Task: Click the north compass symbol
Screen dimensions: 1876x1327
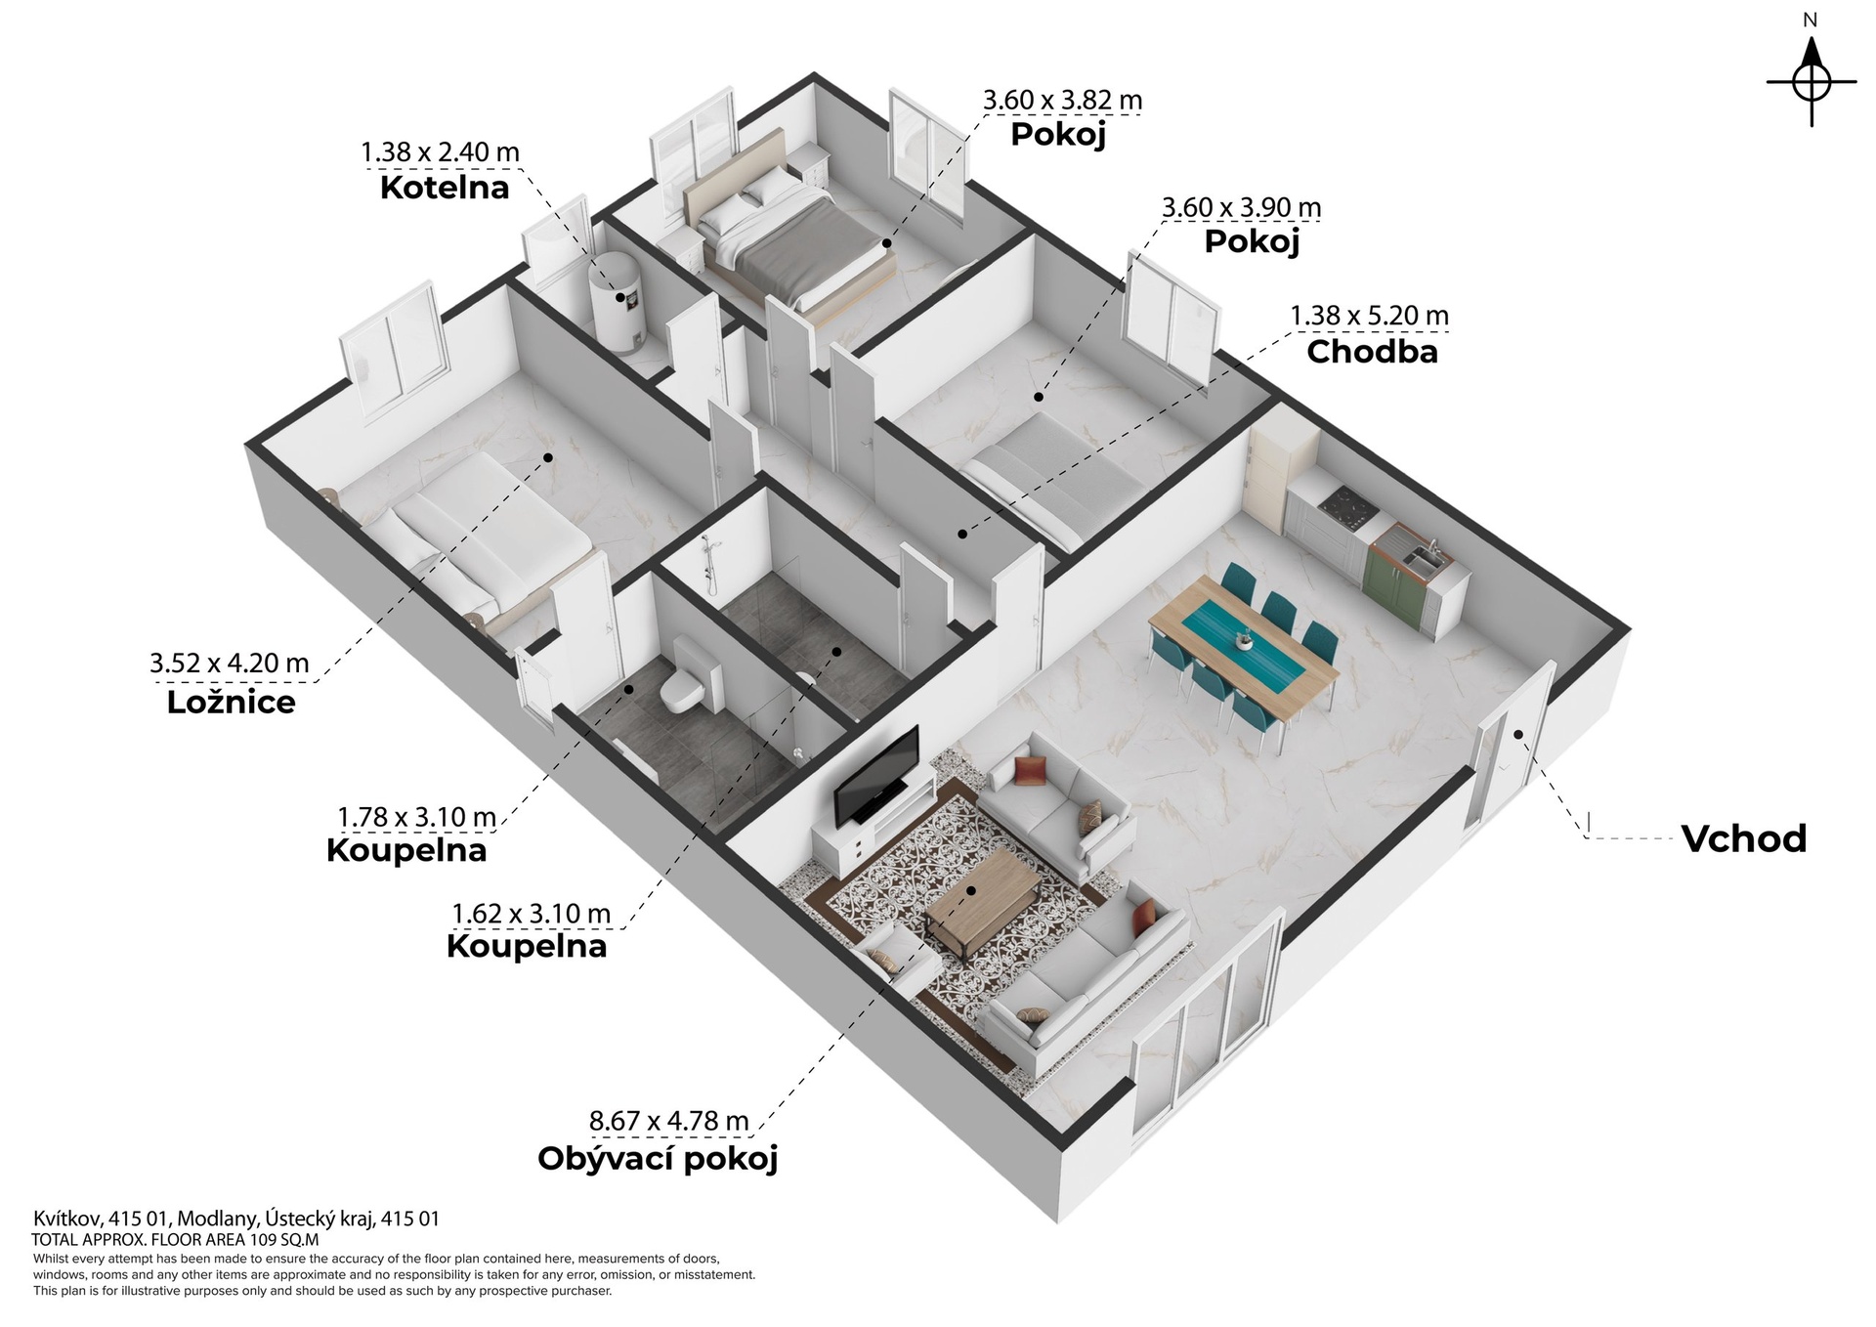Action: (x=1811, y=82)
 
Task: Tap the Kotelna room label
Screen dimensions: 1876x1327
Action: (x=445, y=188)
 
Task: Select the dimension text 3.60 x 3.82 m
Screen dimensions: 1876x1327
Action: (x=1062, y=100)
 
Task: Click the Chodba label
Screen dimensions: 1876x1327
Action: (x=1372, y=352)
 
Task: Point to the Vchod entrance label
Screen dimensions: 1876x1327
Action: (x=1744, y=838)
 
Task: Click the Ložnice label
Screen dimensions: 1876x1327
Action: (x=231, y=702)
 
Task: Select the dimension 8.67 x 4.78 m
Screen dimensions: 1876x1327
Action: (x=669, y=1121)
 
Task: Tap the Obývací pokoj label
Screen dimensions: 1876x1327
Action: (x=658, y=1159)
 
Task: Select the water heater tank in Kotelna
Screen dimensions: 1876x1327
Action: (x=617, y=299)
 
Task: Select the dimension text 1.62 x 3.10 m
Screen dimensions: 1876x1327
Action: (x=531, y=914)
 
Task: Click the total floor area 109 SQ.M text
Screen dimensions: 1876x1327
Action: (x=176, y=1240)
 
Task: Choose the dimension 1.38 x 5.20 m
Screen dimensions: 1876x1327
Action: (x=1370, y=316)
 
